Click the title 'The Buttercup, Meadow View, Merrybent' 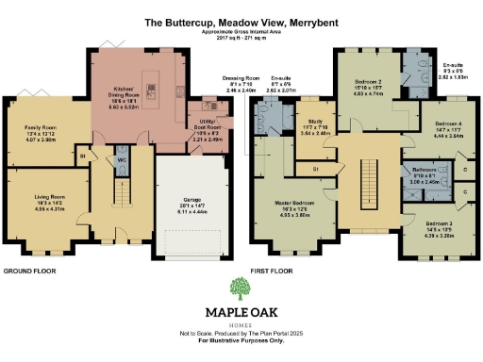[241, 20]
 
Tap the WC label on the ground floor [122, 160]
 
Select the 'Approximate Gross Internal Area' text [241, 31]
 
